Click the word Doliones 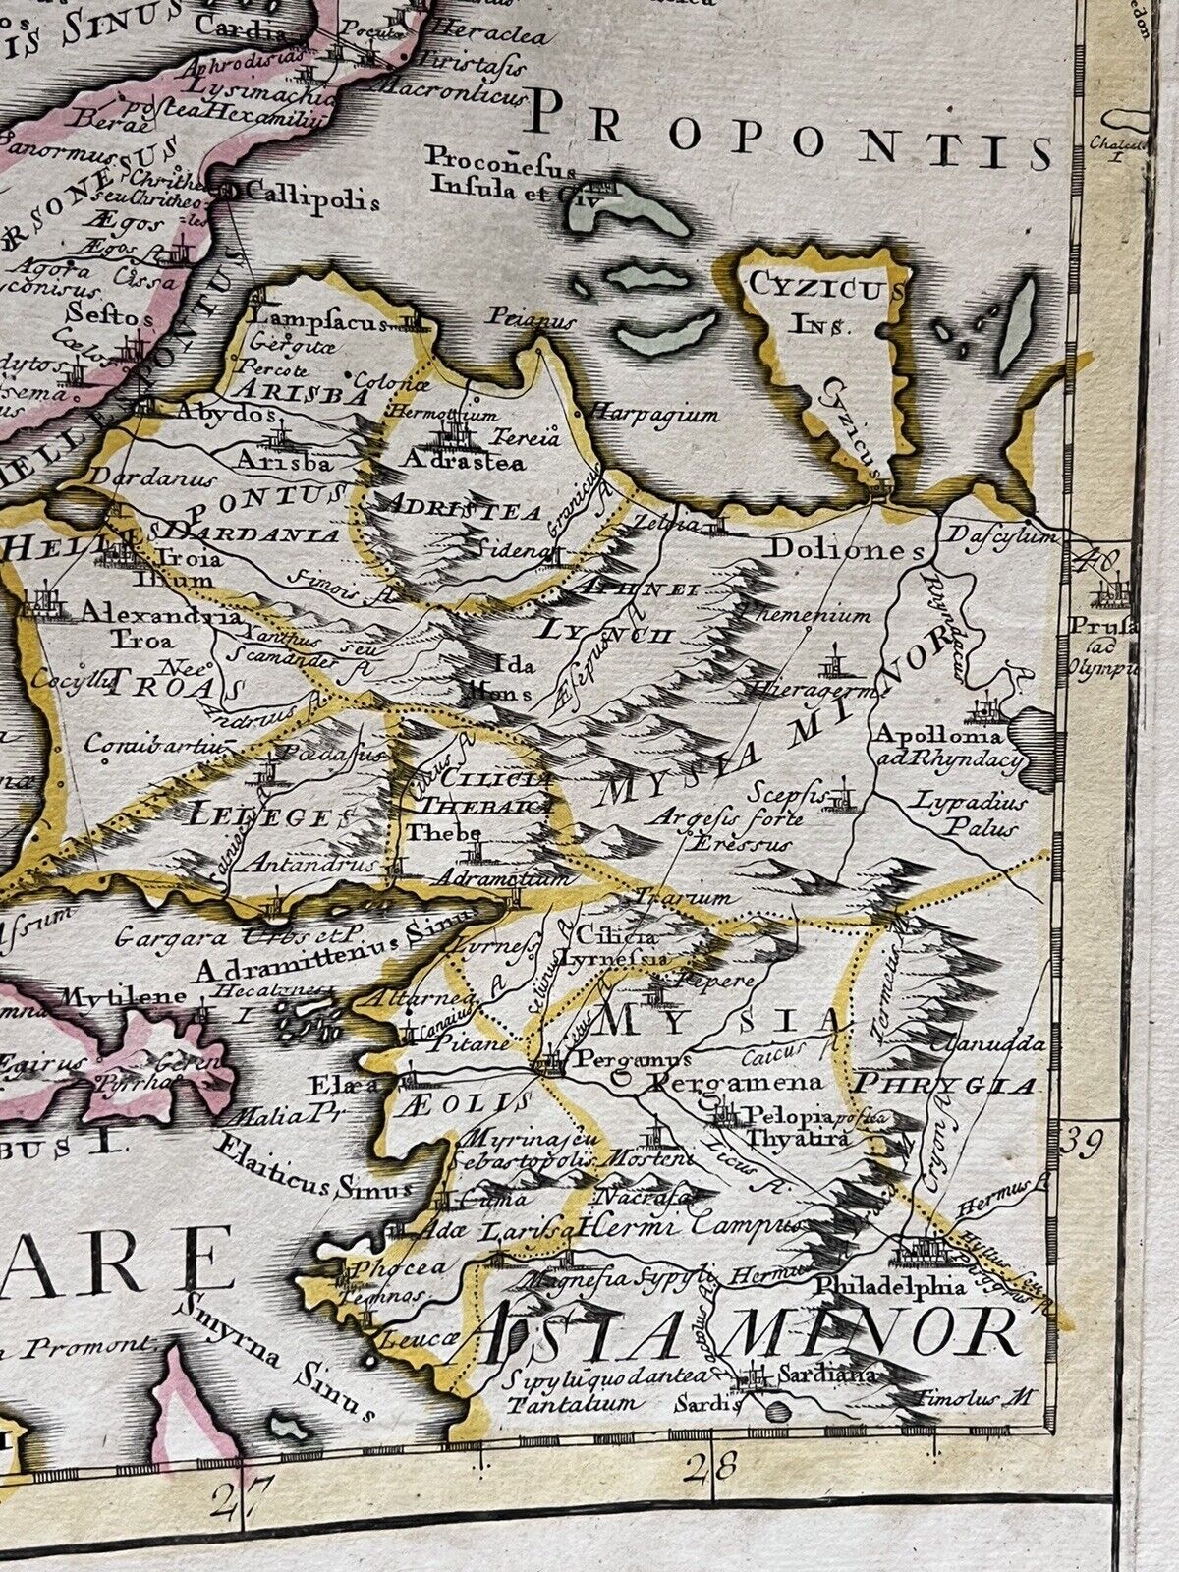(x=846, y=549)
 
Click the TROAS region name (x=166, y=686)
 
